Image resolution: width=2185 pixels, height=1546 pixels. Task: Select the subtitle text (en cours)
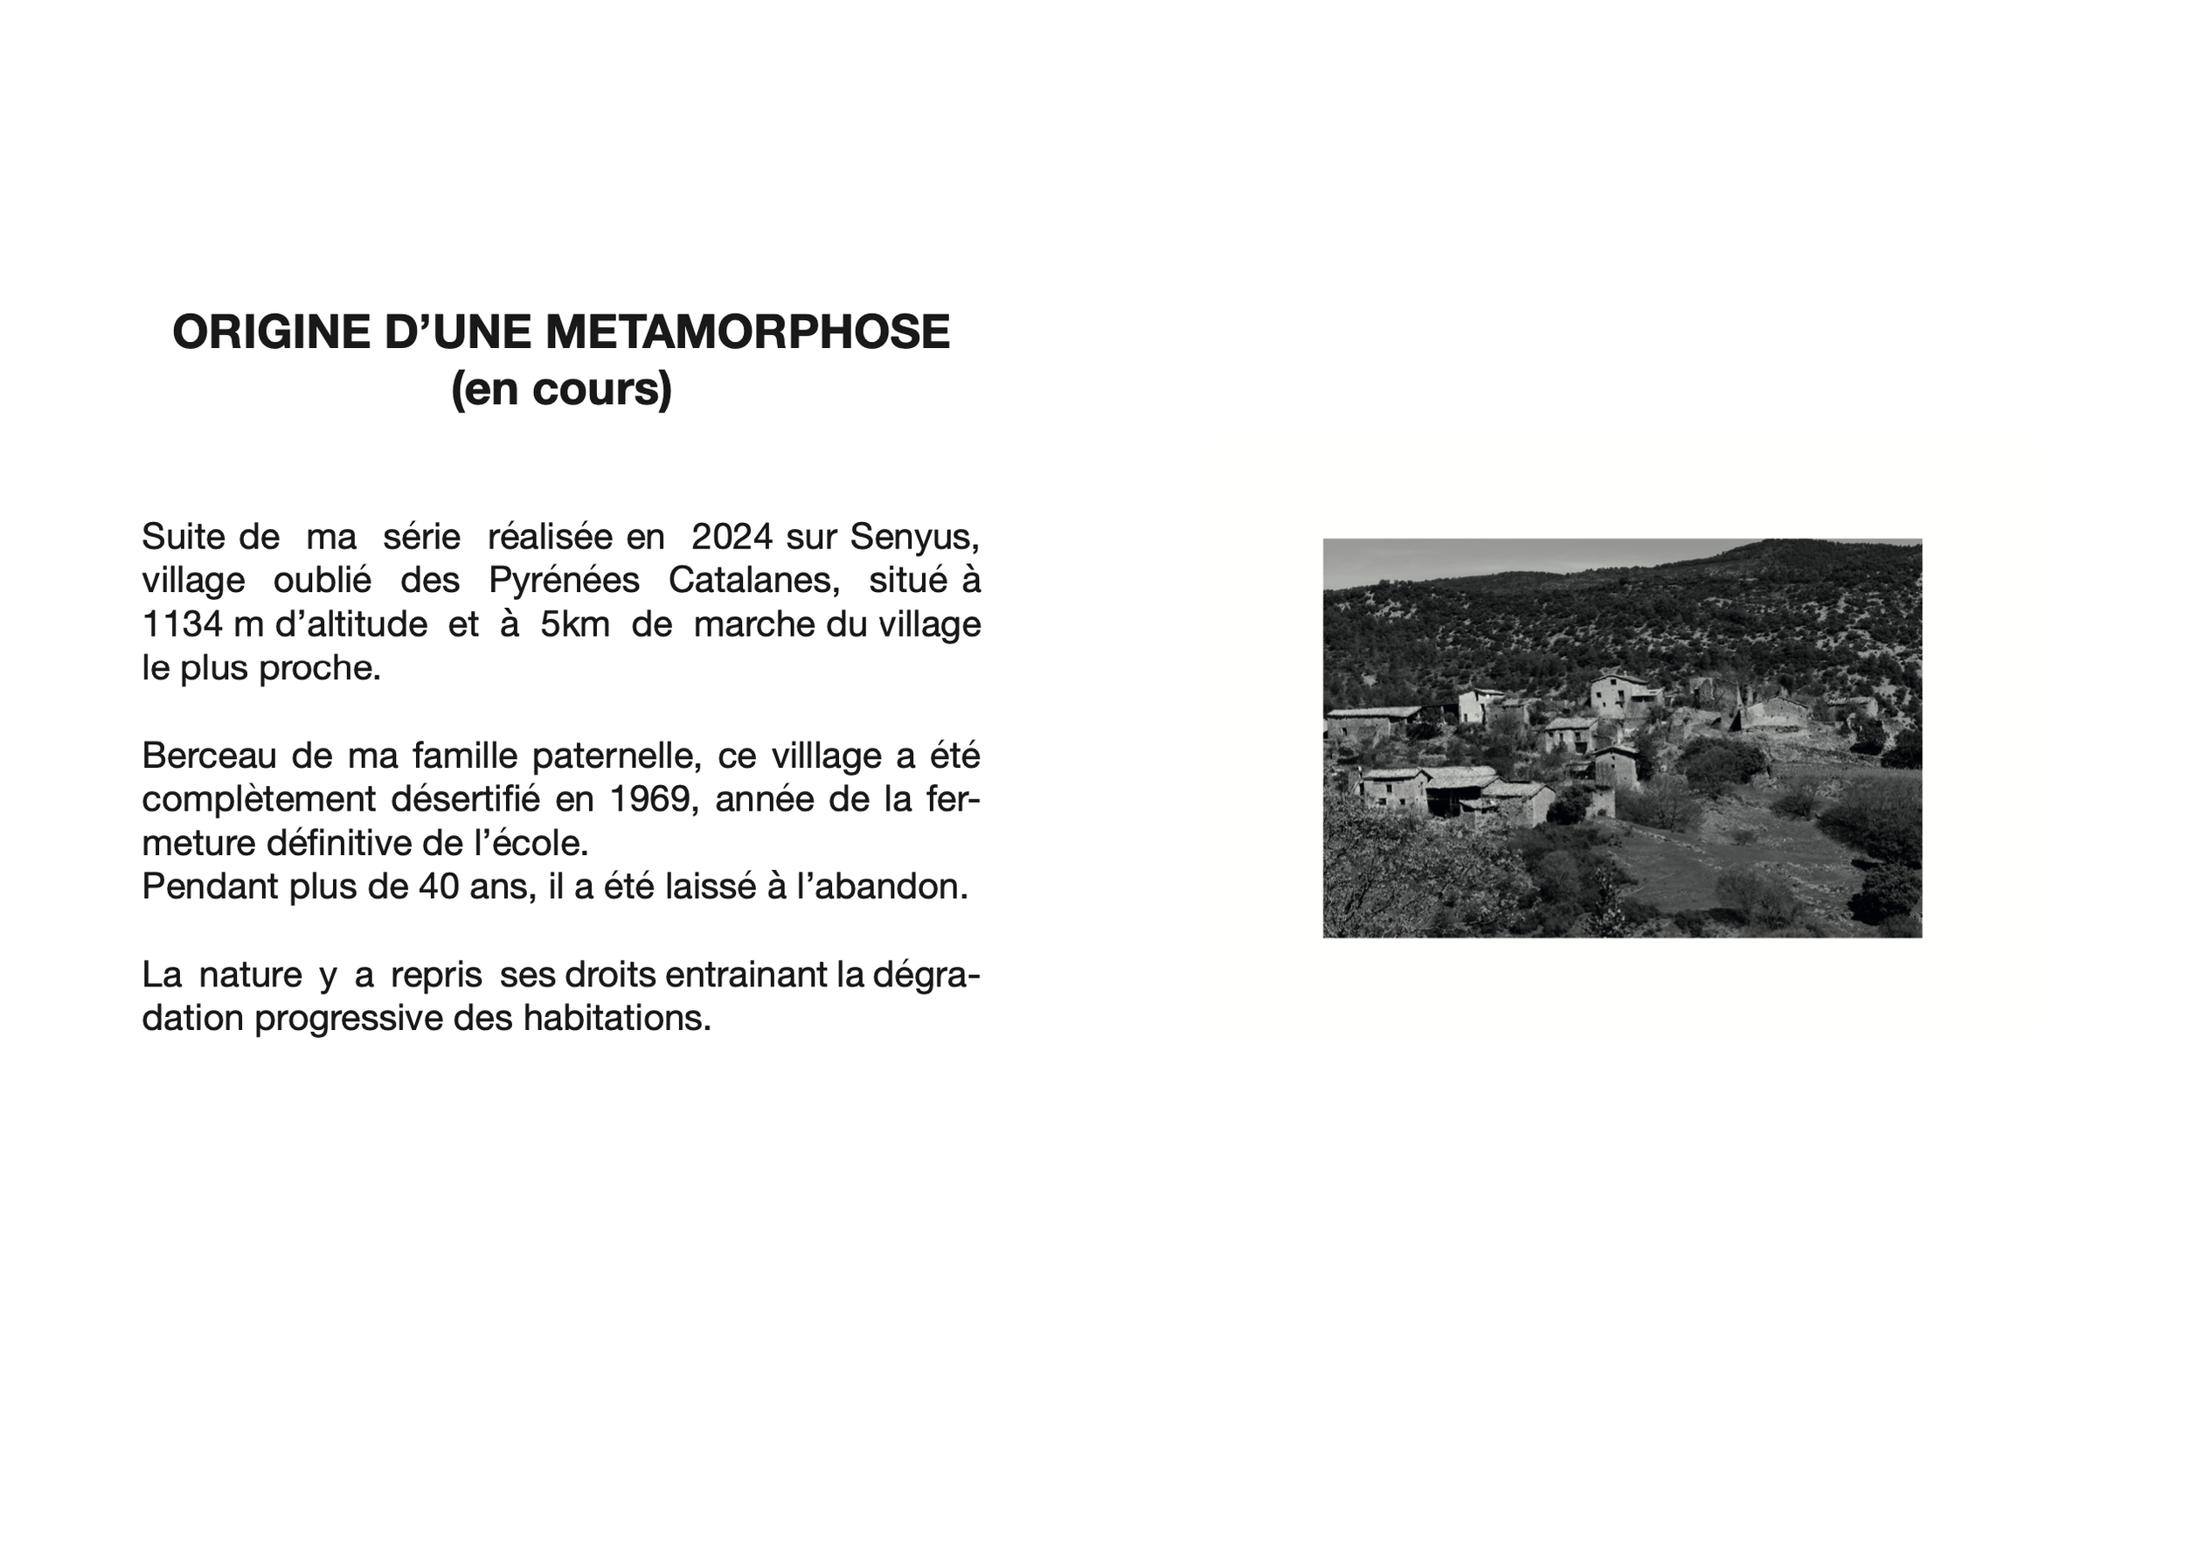pos(561,388)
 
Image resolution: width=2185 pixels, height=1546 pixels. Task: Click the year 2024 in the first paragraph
pos(732,537)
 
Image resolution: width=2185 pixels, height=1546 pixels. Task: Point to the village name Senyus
pos(913,537)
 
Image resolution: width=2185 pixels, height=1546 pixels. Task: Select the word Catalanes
pos(753,580)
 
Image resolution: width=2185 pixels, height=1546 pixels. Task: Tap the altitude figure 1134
pos(182,624)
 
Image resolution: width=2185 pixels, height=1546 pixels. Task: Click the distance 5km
pos(575,624)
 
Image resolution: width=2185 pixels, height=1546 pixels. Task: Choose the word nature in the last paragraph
pos(250,975)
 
